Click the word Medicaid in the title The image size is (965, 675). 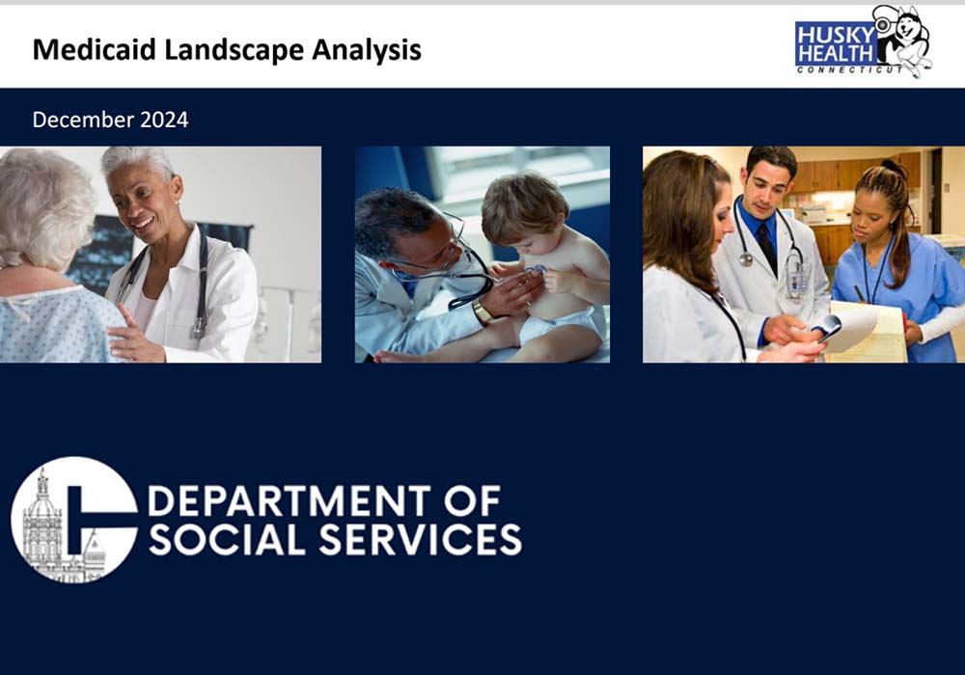point(95,49)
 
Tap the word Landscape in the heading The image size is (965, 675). point(234,50)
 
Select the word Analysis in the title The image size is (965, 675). point(366,50)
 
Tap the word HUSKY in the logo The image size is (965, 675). point(835,35)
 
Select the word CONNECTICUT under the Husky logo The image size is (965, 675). point(850,70)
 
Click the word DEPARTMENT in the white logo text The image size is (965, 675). point(289,500)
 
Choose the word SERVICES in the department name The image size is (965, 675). point(421,539)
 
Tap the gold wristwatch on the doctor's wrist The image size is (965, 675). point(482,311)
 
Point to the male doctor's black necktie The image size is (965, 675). point(767,246)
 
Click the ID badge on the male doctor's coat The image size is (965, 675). point(798,279)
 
